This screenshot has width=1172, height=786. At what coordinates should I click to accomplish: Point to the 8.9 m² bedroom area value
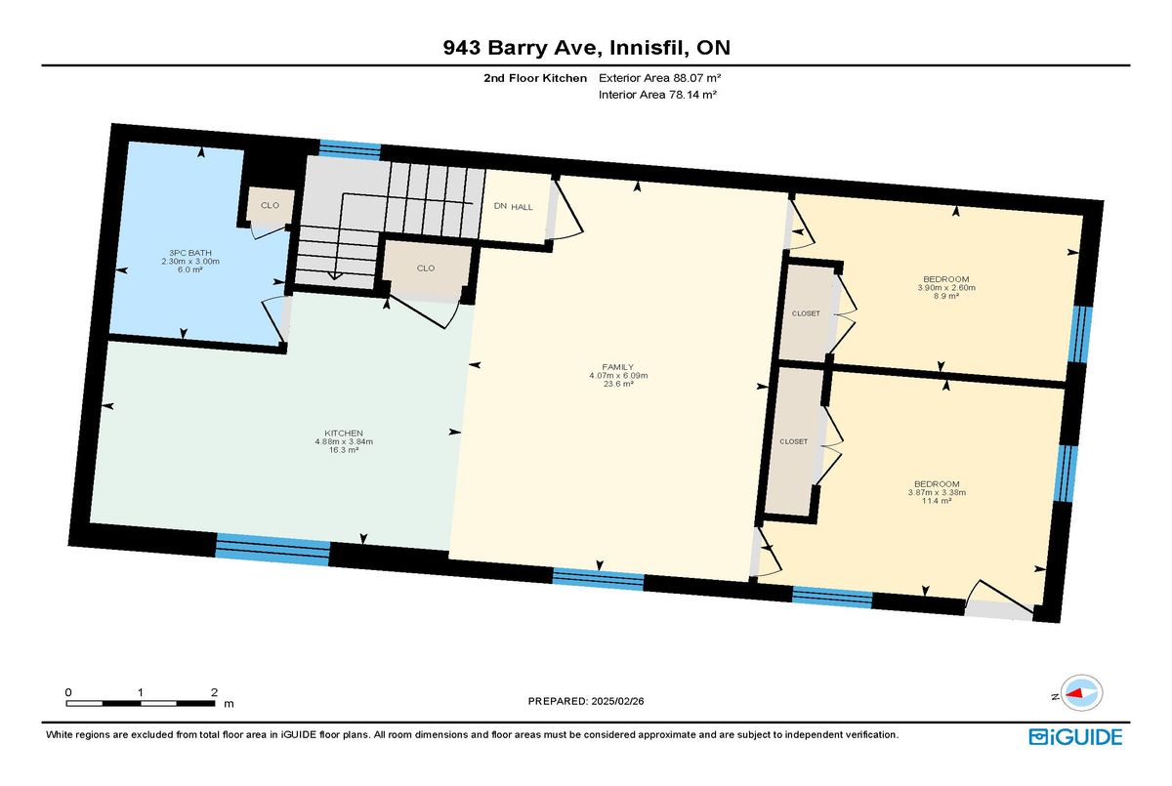pyautogui.click(x=946, y=297)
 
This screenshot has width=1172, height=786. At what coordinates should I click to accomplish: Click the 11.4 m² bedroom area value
pyautogui.click(x=937, y=501)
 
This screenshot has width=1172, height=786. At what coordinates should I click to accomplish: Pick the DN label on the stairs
pyautogui.click(x=500, y=206)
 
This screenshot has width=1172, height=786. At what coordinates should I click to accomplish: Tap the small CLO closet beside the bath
pyautogui.click(x=270, y=206)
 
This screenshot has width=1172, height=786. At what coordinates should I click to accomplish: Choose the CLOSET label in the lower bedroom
pyautogui.click(x=794, y=441)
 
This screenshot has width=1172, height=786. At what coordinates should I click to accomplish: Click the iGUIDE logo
pyautogui.click(x=1074, y=736)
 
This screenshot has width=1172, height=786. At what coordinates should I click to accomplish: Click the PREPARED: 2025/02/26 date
pyautogui.click(x=586, y=701)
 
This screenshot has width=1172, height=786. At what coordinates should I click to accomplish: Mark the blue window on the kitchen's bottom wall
pyautogui.click(x=272, y=549)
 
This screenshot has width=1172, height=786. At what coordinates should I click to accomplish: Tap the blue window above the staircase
pyautogui.click(x=350, y=148)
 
